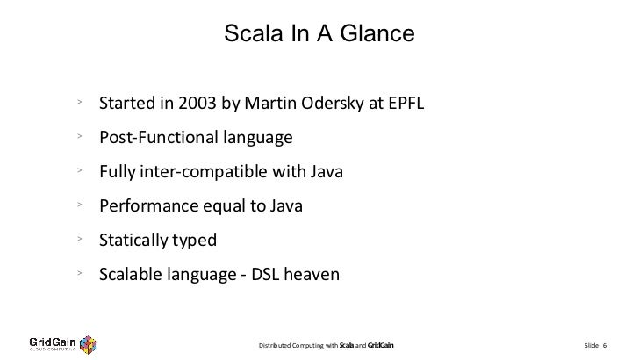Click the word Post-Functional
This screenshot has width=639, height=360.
click(x=155, y=139)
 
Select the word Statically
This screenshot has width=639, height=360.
click(x=132, y=240)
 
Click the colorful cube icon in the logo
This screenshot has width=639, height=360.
click(x=88, y=342)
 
